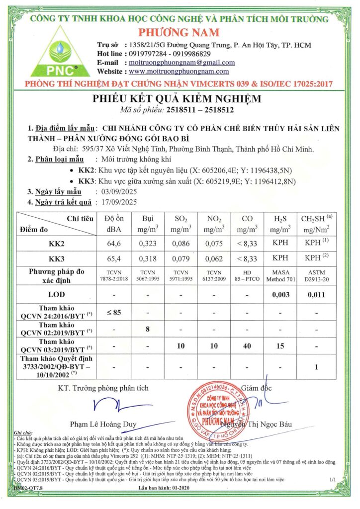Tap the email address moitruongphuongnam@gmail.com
pos(181,63)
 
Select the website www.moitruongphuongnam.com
pos(182,72)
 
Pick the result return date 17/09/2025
pos(119,202)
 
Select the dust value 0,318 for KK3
pos(147,259)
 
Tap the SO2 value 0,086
pos(181,245)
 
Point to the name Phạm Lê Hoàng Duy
pos(102,424)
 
